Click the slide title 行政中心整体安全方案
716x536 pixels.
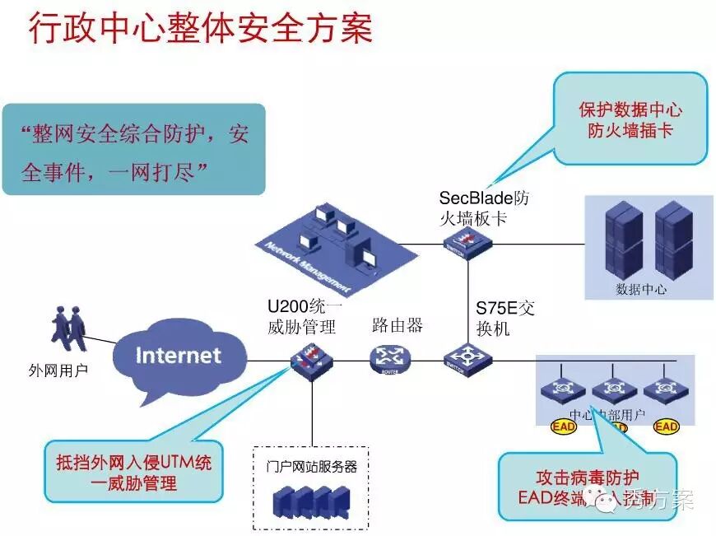[201, 29]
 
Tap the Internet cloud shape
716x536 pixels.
[178, 356]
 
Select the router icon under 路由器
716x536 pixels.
[389, 358]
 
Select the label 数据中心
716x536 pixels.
[640, 289]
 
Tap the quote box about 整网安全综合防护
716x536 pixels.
[134, 149]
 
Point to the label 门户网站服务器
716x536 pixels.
[312, 466]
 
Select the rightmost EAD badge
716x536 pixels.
[666, 426]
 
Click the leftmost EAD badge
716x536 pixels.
[563, 426]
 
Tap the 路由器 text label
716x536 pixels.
[397, 324]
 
